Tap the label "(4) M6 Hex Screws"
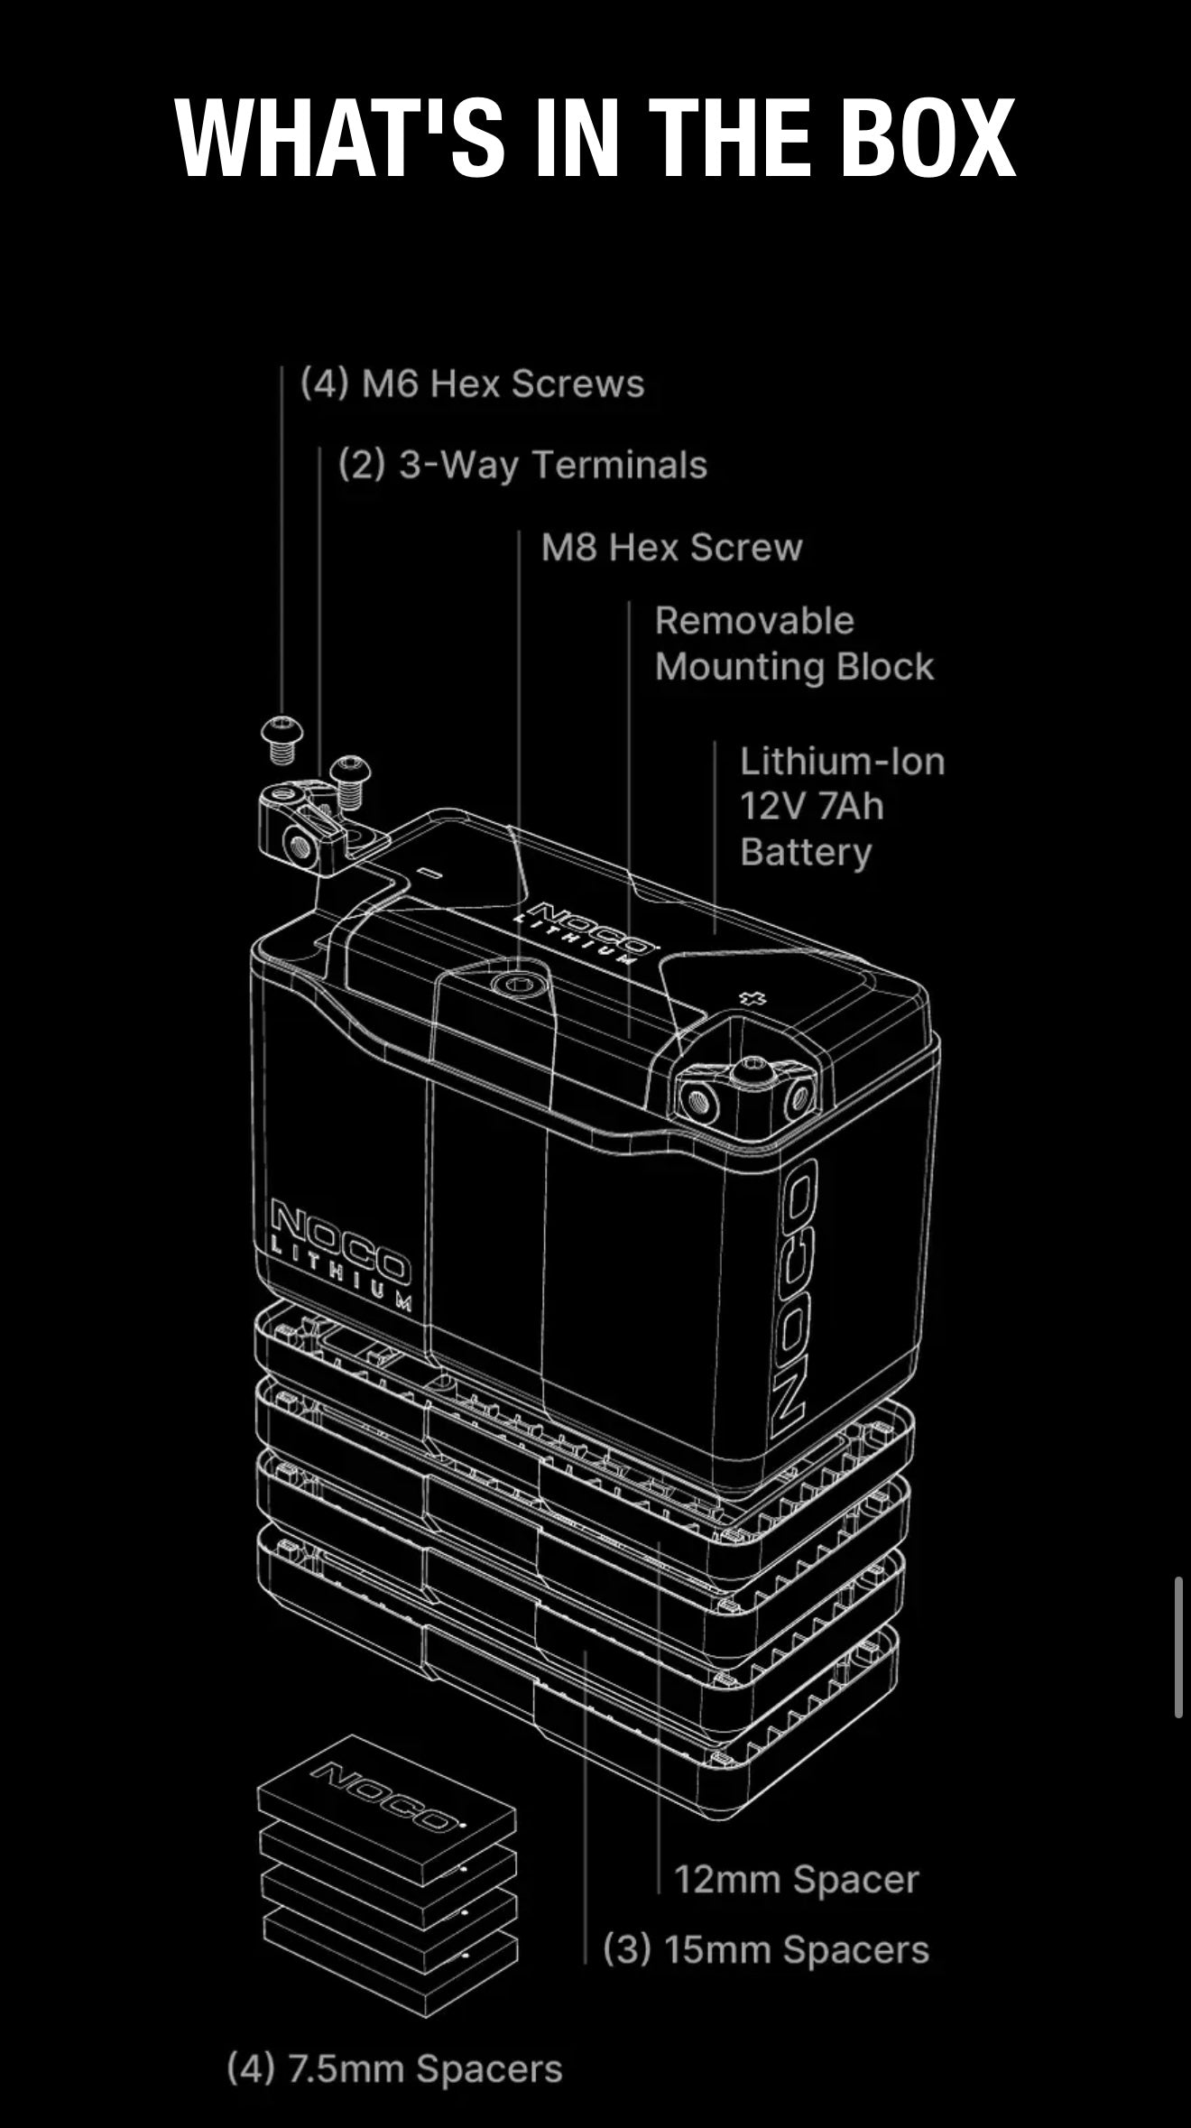[473, 384]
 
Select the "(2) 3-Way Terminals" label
[522, 466]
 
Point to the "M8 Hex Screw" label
[671, 548]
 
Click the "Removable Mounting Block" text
[794, 643]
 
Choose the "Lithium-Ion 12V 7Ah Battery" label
[841, 806]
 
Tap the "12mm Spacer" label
[796, 1880]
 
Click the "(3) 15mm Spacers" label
[765, 1949]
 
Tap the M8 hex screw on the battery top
[518, 984]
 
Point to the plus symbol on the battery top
[752, 998]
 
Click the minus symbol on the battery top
[431, 874]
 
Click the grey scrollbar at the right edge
[1178, 1647]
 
